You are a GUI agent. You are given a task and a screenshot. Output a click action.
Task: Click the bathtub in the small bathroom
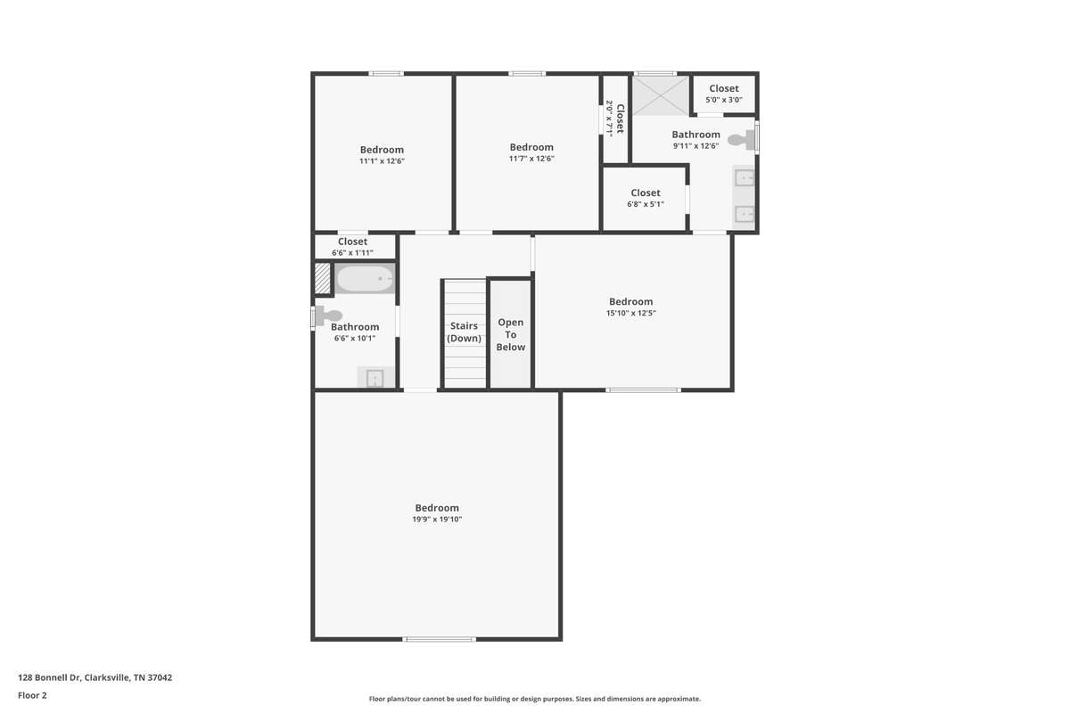point(365,278)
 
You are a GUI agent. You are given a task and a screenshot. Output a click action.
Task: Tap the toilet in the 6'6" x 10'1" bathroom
point(329,316)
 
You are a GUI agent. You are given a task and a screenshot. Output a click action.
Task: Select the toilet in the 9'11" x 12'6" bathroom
point(741,140)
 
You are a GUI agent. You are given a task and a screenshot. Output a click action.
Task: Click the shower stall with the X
point(661,95)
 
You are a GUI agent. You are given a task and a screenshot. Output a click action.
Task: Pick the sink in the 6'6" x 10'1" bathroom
point(375,377)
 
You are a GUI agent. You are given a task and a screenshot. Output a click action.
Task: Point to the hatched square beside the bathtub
point(323,278)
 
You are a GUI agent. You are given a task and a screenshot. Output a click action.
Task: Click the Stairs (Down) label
point(464,332)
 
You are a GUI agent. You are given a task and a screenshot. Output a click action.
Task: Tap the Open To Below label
point(511,335)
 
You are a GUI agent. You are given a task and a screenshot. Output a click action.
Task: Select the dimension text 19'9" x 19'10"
point(437,519)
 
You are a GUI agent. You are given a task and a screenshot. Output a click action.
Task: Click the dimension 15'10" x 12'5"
point(631,314)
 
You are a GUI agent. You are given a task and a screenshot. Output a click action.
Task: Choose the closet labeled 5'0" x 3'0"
point(724,94)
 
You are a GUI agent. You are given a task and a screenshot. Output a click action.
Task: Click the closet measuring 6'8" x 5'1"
point(645,199)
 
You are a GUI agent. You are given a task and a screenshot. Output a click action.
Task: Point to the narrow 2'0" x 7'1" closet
point(615,119)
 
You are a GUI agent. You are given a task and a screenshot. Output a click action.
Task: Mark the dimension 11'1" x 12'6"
point(383,161)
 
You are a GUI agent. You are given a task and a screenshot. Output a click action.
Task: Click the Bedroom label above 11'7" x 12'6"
point(531,147)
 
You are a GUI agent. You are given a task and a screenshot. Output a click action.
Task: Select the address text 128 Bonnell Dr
point(50,677)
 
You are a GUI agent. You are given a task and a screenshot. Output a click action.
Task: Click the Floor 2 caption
point(32,695)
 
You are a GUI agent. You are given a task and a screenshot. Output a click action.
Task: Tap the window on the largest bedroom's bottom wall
point(439,639)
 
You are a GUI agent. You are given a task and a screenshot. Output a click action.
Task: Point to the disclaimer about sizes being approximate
point(534,699)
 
